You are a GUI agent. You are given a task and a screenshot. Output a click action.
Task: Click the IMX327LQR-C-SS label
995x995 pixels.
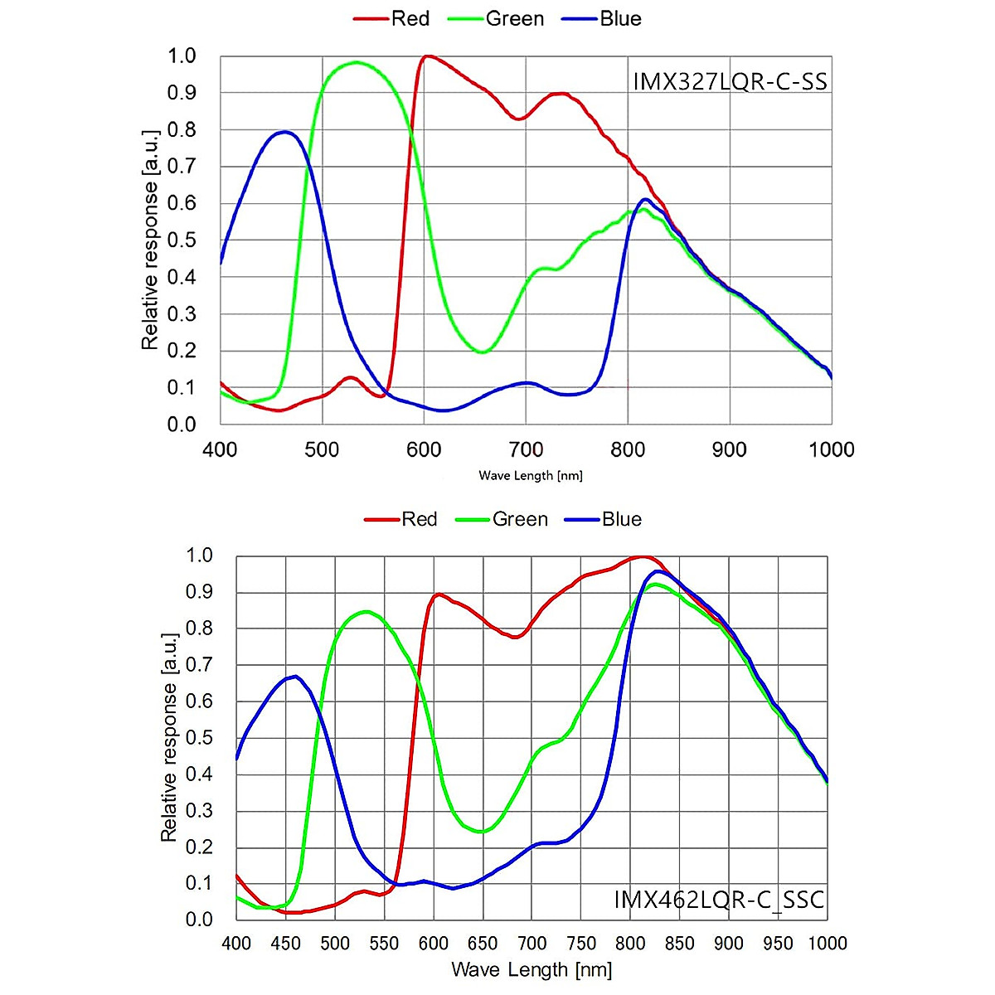click(x=730, y=82)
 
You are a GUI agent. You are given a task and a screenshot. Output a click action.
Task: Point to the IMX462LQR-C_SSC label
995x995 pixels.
click(x=719, y=900)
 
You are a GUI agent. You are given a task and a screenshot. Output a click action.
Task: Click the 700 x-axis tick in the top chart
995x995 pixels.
click(x=526, y=449)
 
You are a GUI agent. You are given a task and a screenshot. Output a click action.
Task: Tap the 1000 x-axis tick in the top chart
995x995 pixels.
click(x=831, y=449)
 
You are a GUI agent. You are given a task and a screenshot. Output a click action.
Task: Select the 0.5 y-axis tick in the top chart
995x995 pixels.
click(x=182, y=240)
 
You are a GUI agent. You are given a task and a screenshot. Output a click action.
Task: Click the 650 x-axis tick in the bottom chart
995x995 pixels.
click(x=483, y=944)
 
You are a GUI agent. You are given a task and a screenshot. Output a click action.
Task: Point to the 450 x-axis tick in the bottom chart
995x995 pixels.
click(x=285, y=944)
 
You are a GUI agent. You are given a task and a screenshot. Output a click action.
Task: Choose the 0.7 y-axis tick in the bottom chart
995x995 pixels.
click(x=198, y=665)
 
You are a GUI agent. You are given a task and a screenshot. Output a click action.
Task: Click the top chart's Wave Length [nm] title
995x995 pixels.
click(x=531, y=476)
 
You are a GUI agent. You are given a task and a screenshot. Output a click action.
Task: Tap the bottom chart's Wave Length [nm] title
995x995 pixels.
click(x=531, y=969)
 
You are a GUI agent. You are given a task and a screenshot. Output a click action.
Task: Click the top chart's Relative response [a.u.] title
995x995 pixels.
click(x=149, y=240)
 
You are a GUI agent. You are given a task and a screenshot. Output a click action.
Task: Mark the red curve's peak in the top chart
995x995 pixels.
click(x=427, y=56)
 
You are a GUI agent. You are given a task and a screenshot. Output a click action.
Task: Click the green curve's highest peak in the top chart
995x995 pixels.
click(x=357, y=62)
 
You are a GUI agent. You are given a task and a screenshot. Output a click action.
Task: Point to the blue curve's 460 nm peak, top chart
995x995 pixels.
click(x=284, y=132)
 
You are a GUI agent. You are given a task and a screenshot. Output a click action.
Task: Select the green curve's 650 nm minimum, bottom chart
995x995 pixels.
click(x=482, y=831)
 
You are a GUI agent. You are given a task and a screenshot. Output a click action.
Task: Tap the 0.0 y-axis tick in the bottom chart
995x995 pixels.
click(x=198, y=920)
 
